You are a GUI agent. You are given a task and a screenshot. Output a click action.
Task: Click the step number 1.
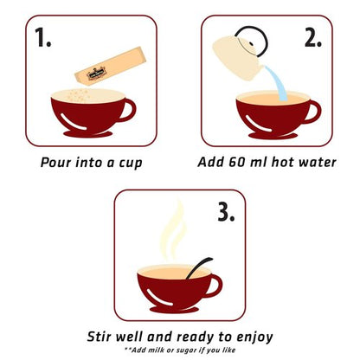(x=43, y=37)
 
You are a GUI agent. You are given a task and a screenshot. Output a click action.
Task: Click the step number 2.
(x=313, y=38)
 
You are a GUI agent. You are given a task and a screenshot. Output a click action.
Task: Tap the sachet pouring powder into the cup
(x=110, y=67)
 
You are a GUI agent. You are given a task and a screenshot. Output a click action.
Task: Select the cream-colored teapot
(x=238, y=58)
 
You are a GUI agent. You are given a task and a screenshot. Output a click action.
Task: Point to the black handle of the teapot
(x=253, y=41)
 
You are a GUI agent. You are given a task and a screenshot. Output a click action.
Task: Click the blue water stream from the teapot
(x=276, y=83)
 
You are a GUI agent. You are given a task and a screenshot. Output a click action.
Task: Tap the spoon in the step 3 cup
(x=199, y=268)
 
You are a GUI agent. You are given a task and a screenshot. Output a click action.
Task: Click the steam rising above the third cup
(x=174, y=231)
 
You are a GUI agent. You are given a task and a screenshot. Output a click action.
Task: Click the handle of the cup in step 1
(x=127, y=110)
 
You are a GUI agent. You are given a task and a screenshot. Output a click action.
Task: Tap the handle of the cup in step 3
(x=214, y=286)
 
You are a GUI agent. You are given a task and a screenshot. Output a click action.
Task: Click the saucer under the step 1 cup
(x=88, y=134)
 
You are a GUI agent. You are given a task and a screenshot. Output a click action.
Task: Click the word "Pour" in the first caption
(x=55, y=163)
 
